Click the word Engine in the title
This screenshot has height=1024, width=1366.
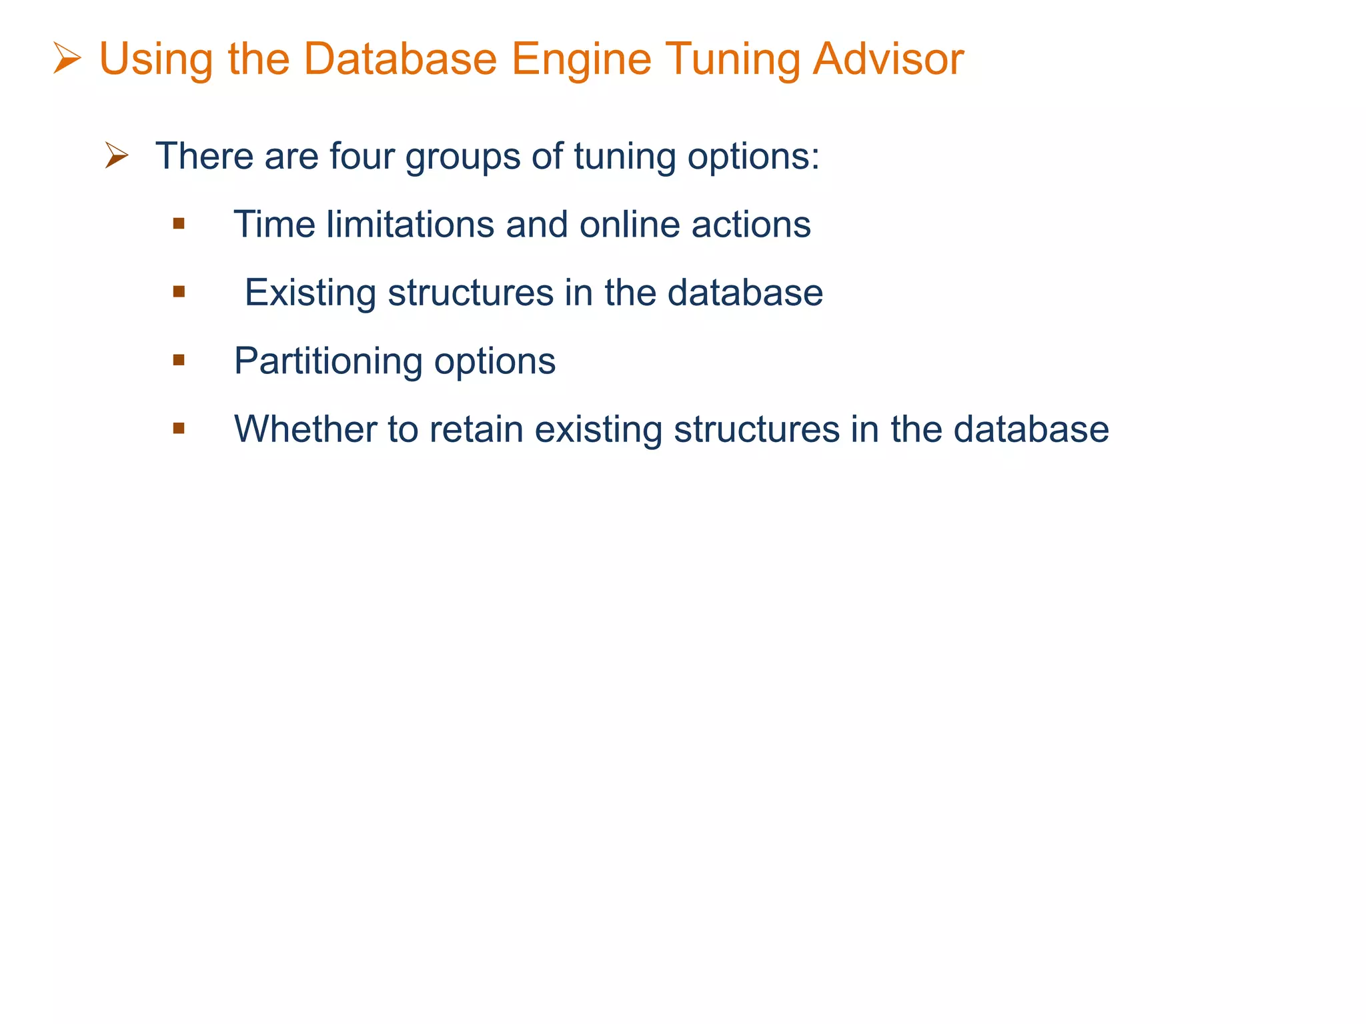click(x=581, y=60)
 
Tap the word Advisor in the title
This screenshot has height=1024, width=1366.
click(x=888, y=59)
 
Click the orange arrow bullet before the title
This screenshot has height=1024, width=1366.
click(x=67, y=59)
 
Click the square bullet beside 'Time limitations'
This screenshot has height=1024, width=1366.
click(x=178, y=223)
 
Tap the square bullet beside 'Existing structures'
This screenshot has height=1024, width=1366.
click(x=178, y=291)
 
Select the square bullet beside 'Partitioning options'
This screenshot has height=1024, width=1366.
click(x=178, y=360)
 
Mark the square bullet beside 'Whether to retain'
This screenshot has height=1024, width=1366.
click(x=178, y=428)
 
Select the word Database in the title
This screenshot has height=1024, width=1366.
click(x=400, y=59)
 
